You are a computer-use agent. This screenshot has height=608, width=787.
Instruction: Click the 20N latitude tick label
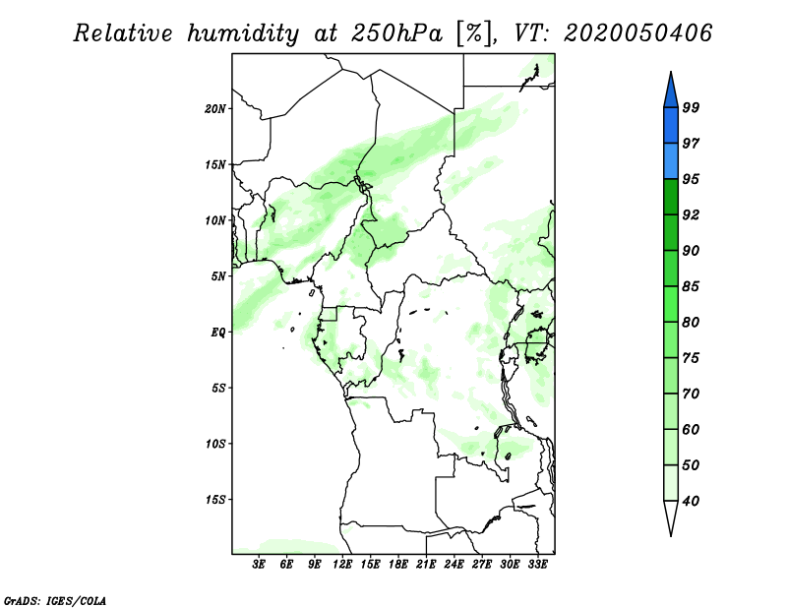[215, 109]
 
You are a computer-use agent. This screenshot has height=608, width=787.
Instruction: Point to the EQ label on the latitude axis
[218, 333]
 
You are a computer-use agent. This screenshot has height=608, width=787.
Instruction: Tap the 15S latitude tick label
[215, 500]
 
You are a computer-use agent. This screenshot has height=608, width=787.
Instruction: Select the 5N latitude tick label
[218, 276]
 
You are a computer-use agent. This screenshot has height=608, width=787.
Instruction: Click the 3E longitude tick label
[259, 565]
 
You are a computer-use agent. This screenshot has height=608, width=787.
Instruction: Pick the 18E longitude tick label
[398, 565]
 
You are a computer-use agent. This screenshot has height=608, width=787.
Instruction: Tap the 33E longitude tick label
[537, 565]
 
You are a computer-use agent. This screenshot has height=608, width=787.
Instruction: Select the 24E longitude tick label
[454, 565]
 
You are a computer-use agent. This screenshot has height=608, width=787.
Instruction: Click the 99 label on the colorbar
[691, 107]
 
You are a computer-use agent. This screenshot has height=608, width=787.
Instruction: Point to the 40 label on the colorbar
[691, 501]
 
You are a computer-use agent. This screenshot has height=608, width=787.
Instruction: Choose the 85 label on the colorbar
[691, 286]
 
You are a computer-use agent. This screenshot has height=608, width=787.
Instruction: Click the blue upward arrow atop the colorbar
[671, 91]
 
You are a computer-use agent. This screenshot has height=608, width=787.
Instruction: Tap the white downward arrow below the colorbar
[671, 517]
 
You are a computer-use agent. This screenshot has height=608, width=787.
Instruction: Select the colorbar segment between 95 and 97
[671, 161]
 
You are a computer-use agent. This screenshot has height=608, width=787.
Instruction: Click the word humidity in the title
[243, 33]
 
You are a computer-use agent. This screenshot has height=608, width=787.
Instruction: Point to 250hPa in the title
[396, 33]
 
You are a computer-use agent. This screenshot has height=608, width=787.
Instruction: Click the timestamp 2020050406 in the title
[637, 33]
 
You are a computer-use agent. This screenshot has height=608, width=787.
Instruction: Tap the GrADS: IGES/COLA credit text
[55, 600]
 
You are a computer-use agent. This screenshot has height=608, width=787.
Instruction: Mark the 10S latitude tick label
[215, 444]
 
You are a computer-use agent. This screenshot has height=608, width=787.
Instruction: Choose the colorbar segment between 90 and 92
[671, 232]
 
